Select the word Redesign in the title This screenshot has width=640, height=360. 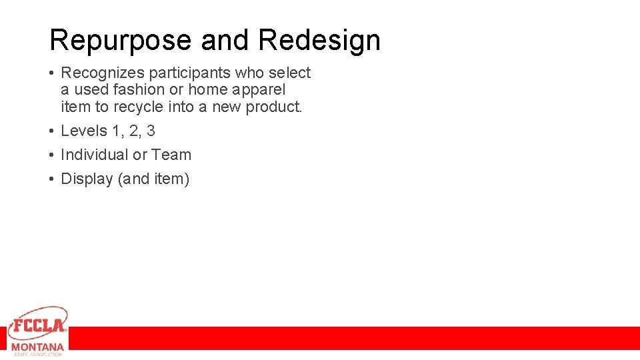coord(319,41)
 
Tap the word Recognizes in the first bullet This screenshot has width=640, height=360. coord(102,73)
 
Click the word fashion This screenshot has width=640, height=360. coord(139,89)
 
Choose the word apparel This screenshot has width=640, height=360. coord(259,89)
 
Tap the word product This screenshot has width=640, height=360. coord(275,106)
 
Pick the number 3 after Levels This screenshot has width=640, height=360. coord(151,131)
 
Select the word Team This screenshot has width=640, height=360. coord(171,155)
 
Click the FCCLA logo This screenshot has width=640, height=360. coord(38,324)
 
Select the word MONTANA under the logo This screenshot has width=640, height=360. coord(38,347)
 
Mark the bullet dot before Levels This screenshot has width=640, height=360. coord(52,131)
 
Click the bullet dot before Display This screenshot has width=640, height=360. coord(52,179)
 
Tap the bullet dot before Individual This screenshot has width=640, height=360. coord(52,155)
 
